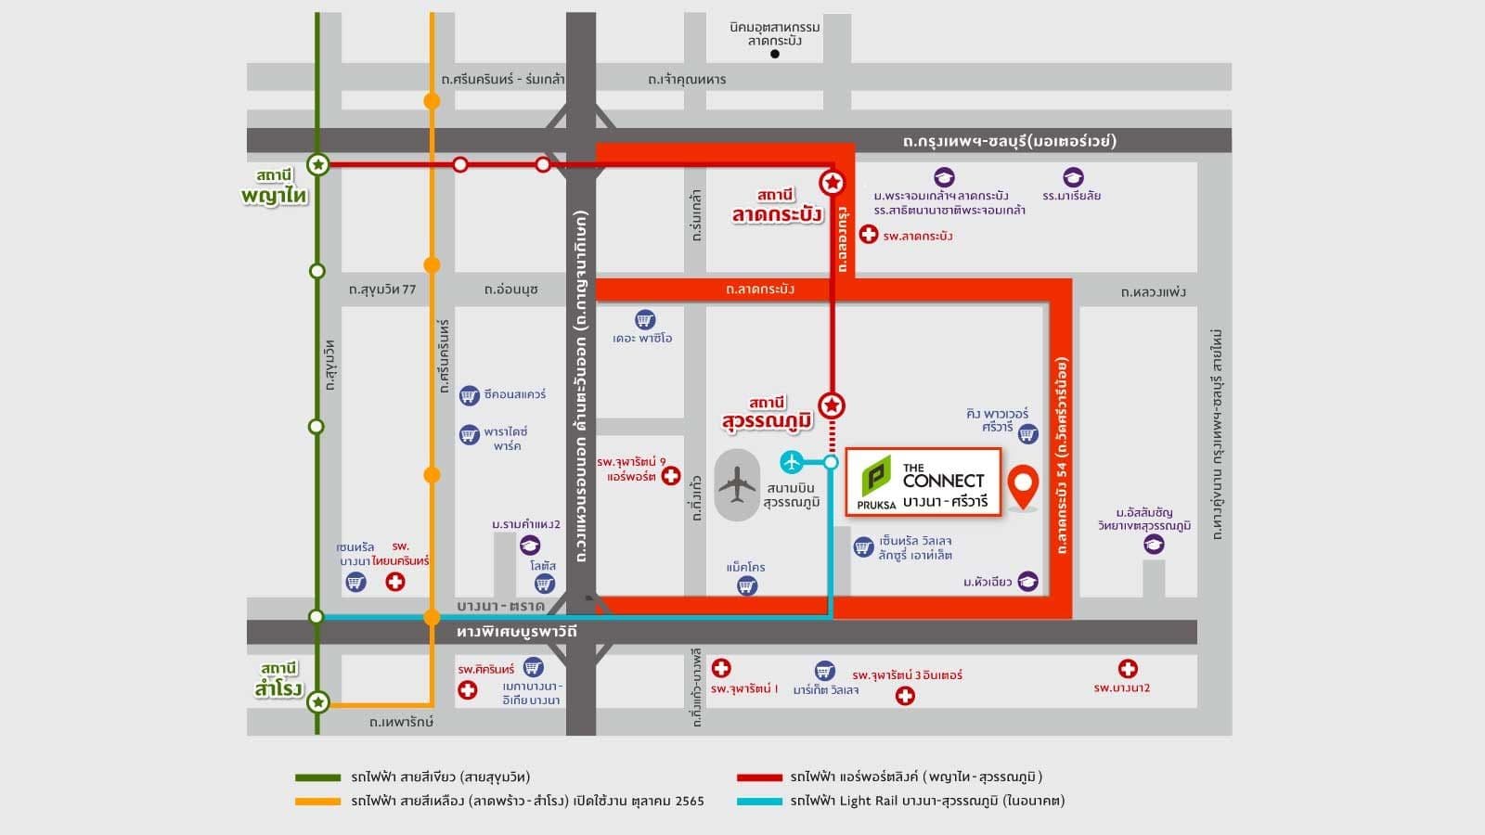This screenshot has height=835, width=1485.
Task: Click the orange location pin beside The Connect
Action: [x=1023, y=485]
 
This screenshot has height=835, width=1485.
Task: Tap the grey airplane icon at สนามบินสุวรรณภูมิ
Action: [x=738, y=484]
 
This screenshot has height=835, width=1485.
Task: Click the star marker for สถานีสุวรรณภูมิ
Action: [x=833, y=405]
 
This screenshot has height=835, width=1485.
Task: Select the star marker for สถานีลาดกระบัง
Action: [x=833, y=183]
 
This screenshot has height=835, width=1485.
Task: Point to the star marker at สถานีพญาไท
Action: [x=317, y=165]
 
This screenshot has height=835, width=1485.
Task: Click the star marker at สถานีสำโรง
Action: [x=317, y=702]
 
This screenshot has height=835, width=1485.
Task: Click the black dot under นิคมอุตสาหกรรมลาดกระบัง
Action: [x=775, y=54]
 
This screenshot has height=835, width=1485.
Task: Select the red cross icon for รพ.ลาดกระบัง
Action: [x=868, y=235]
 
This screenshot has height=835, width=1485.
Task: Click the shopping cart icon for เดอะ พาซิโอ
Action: [x=644, y=320]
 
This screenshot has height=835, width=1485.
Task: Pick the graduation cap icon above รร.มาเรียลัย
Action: [x=1073, y=177]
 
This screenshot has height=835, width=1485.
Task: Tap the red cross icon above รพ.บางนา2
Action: [x=1128, y=669]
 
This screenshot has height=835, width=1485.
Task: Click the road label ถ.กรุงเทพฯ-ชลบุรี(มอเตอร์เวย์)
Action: [x=1009, y=141]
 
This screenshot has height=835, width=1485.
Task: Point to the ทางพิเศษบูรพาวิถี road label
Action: [x=517, y=632]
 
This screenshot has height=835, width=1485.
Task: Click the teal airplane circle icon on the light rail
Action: [x=792, y=461]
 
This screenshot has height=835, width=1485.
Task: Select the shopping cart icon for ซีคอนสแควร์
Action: [x=470, y=395]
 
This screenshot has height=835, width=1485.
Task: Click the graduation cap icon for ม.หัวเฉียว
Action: [x=1027, y=582]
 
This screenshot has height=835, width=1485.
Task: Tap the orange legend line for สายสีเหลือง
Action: [x=317, y=801]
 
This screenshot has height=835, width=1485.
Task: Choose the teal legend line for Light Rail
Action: [x=759, y=801]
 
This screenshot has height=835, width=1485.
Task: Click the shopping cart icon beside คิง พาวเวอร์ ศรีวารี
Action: [x=1027, y=433]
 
